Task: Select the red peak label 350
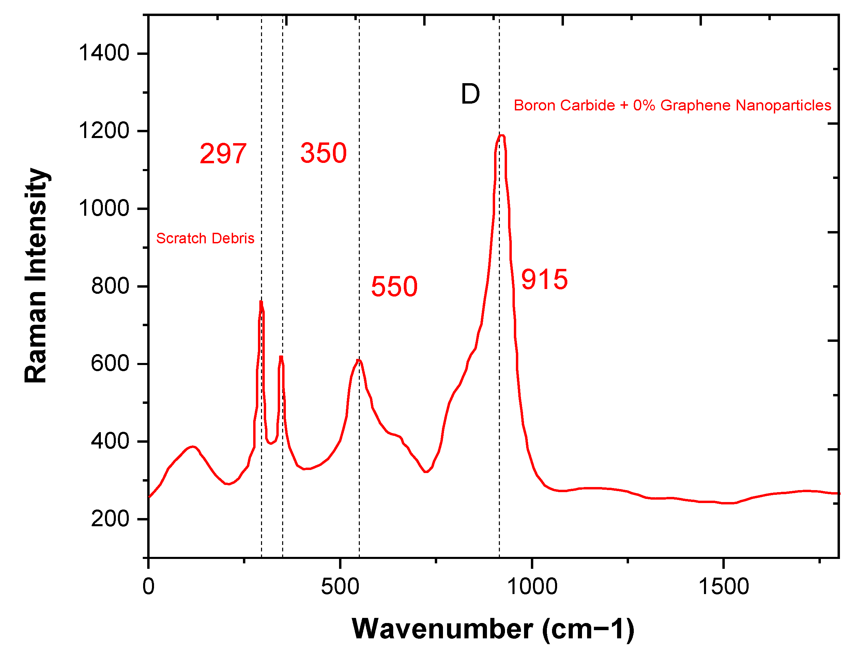click(323, 153)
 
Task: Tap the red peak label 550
click(394, 287)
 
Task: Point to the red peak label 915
click(544, 279)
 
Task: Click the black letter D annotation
click(470, 94)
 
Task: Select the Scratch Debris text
click(205, 238)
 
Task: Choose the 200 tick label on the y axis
click(110, 519)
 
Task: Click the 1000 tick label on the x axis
click(532, 587)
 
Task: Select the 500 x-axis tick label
click(340, 587)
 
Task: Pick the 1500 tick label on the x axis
click(723, 587)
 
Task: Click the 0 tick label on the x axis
click(149, 587)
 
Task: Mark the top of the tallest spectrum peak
click(501, 136)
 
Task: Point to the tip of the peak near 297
click(261, 302)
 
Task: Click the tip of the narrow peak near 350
click(281, 357)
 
